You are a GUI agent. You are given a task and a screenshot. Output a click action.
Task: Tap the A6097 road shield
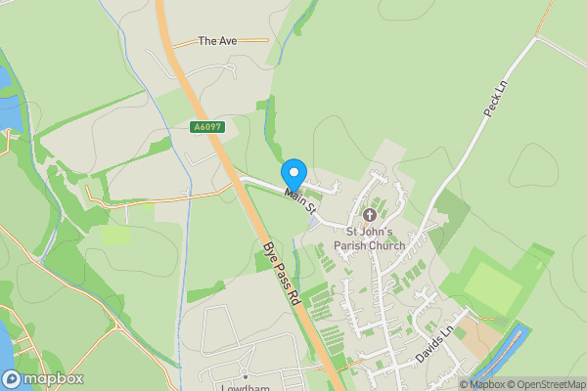tap(205, 128)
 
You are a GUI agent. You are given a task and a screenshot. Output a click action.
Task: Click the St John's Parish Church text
tap(369, 239)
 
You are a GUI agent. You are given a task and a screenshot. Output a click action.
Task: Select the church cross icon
tap(370, 214)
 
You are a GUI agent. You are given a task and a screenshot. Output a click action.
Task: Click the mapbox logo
tap(43, 379)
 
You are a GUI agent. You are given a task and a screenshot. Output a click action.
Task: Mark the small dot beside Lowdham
tap(246, 375)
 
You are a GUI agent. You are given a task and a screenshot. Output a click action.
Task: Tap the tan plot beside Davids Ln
tap(479, 337)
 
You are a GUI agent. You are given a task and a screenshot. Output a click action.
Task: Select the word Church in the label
tap(386, 245)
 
